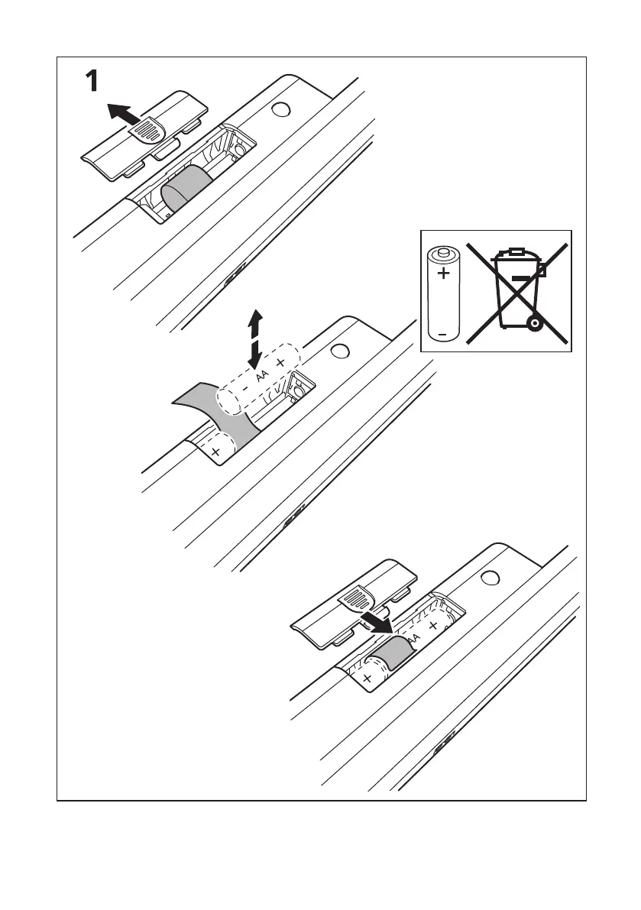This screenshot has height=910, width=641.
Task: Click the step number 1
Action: tap(90, 81)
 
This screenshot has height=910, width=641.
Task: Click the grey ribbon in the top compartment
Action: tap(187, 186)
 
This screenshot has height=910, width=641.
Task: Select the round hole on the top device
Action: tap(280, 110)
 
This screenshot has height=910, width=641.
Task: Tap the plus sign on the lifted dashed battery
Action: tap(281, 361)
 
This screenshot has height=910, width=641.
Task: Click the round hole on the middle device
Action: tap(341, 351)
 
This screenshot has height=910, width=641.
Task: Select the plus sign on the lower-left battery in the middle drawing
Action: tap(215, 452)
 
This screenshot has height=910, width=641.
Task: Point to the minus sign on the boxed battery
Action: tap(442, 334)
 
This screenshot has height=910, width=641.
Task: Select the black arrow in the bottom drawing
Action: tap(377, 620)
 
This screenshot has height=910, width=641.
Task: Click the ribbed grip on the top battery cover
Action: tap(151, 129)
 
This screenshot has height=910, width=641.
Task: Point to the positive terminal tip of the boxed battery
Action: tap(442, 250)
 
